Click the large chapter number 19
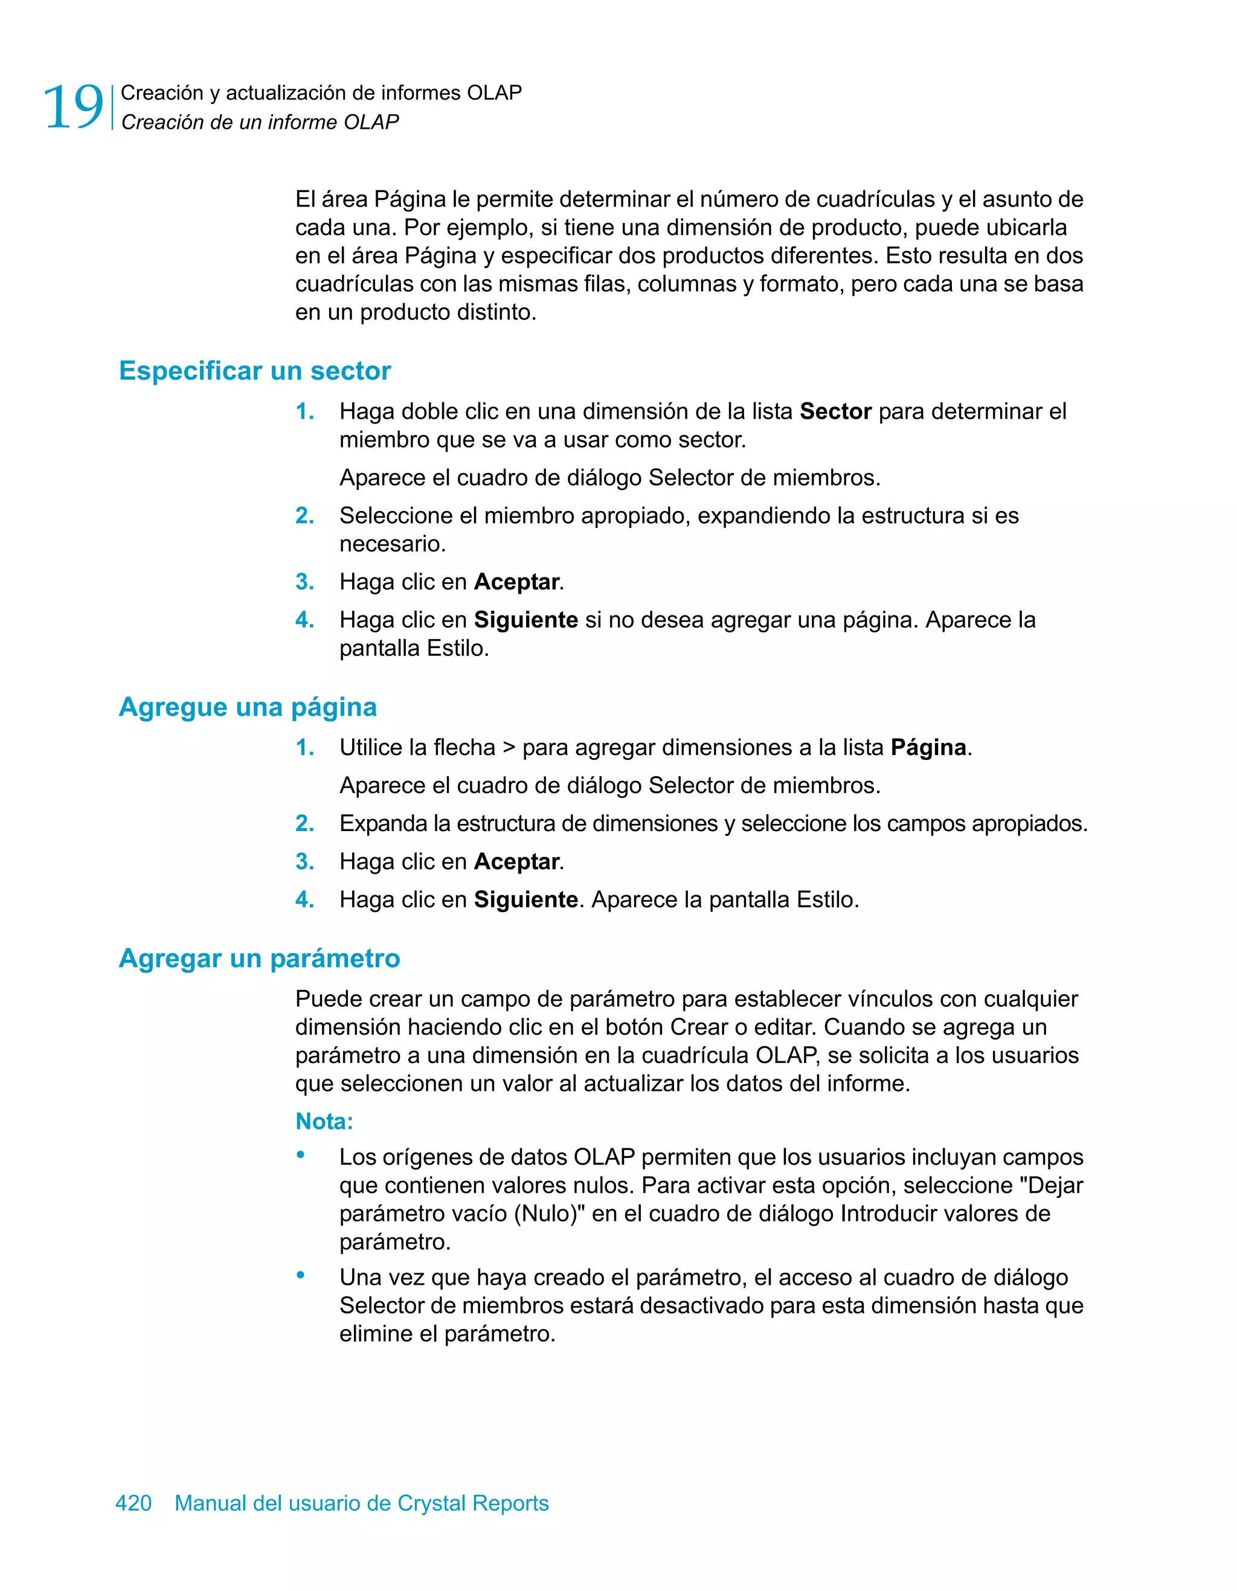click(x=74, y=107)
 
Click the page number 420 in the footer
click(x=133, y=1503)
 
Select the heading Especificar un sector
click(x=255, y=371)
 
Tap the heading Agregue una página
click(x=248, y=707)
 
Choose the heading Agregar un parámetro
click(x=259, y=958)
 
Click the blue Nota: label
click(x=324, y=1121)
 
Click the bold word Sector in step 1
click(x=835, y=411)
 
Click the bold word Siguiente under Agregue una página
click(x=526, y=899)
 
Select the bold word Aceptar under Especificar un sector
click(x=516, y=582)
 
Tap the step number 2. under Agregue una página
click(x=304, y=824)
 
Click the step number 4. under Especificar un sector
click(x=304, y=620)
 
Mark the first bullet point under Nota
click(x=300, y=1155)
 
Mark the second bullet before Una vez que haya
click(x=300, y=1275)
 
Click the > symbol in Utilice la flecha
click(x=509, y=747)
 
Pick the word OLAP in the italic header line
click(x=371, y=123)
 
